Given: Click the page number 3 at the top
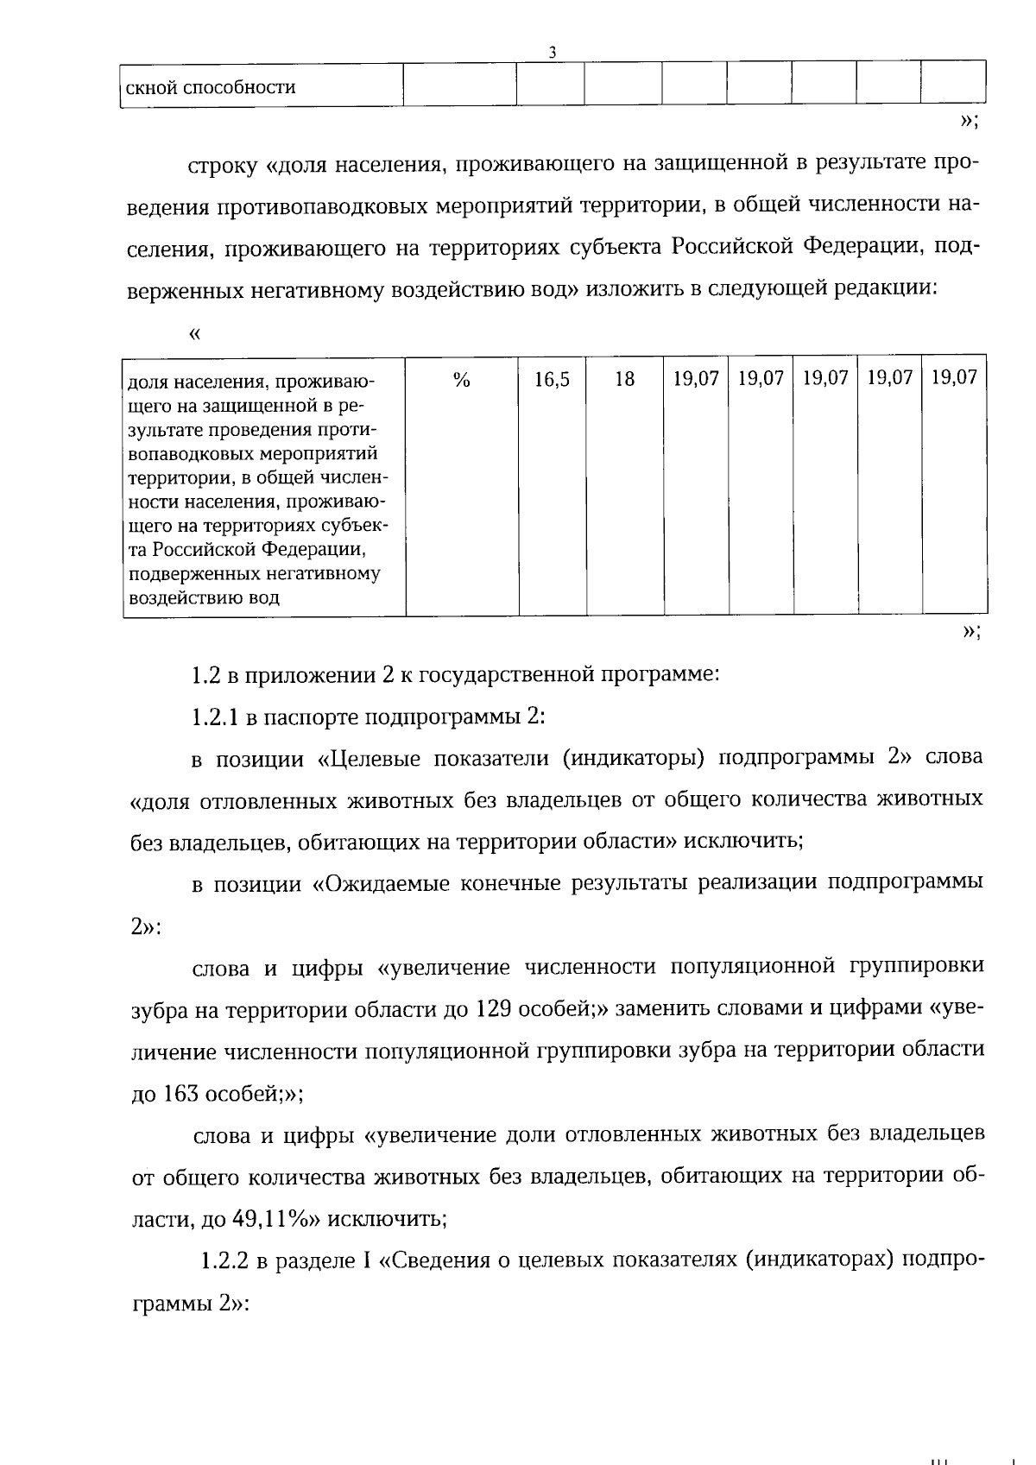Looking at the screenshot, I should [552, 52].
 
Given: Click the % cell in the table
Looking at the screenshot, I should [461, 379].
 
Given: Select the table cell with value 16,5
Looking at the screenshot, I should [552, 379].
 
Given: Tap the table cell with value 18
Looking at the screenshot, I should [624, 379].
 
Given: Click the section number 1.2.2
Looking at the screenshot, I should [225, 1261].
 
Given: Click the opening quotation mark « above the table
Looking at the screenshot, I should [193, 332].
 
